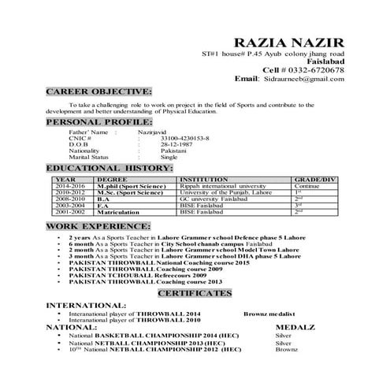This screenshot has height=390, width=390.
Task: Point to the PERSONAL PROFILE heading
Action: [98, 123]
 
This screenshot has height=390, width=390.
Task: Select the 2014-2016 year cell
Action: [70, 186]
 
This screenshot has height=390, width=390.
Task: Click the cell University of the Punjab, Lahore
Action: [225, 192]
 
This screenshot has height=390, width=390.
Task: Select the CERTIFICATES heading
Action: [195, 292]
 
